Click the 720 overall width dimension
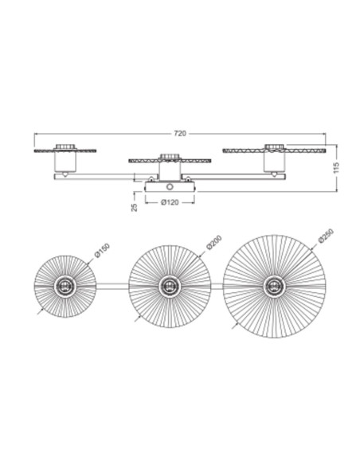pos(180,134)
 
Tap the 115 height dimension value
pos(336,168)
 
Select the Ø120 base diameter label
pos(170,202)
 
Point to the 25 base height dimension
pos(135,207)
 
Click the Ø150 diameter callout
pos(102,250)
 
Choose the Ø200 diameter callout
pos(214,242)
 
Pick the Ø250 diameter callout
pos(327,236)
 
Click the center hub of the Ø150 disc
pos(65,287)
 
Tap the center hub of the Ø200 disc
pos(170,287)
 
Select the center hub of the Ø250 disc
pos(274,287)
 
